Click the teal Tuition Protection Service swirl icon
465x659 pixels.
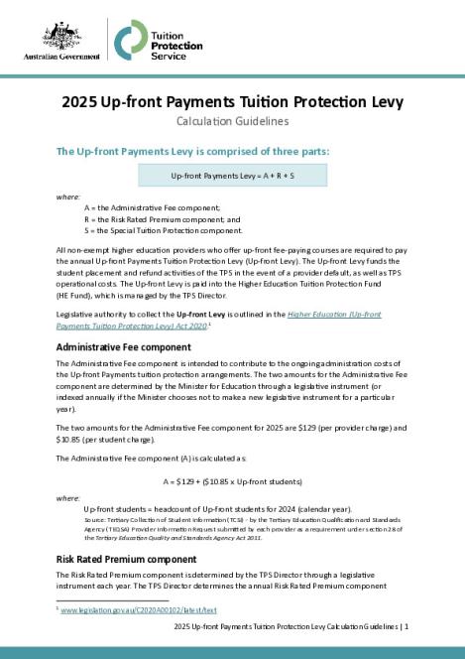(x=127, y=40)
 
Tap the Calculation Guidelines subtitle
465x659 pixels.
(x=232, y=122)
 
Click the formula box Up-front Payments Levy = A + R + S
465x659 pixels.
(x=233, y=176)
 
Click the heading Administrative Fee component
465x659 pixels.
(x=124, y=347)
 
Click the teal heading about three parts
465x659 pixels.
(x=192, y=152)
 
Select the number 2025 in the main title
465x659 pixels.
(x=78, y=101)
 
